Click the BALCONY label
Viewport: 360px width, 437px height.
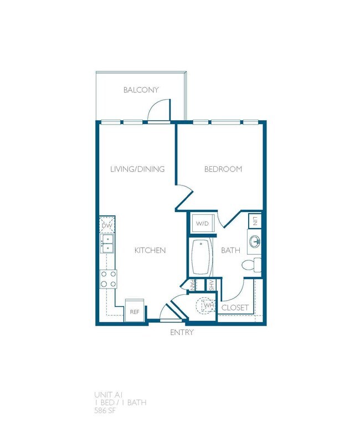141,90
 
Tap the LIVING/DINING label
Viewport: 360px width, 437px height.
137,169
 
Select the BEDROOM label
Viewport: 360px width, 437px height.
223,169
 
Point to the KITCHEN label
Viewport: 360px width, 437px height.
150,250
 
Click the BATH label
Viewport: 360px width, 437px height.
230,250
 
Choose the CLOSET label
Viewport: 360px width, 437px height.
235,307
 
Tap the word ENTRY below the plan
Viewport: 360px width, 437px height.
182,332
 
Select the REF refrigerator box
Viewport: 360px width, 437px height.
135,311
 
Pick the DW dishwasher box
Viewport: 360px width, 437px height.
107,226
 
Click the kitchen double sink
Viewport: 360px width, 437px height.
107,243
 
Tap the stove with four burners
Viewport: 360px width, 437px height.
107,279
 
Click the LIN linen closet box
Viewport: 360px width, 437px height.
255,221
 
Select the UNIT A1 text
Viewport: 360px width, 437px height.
109,394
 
